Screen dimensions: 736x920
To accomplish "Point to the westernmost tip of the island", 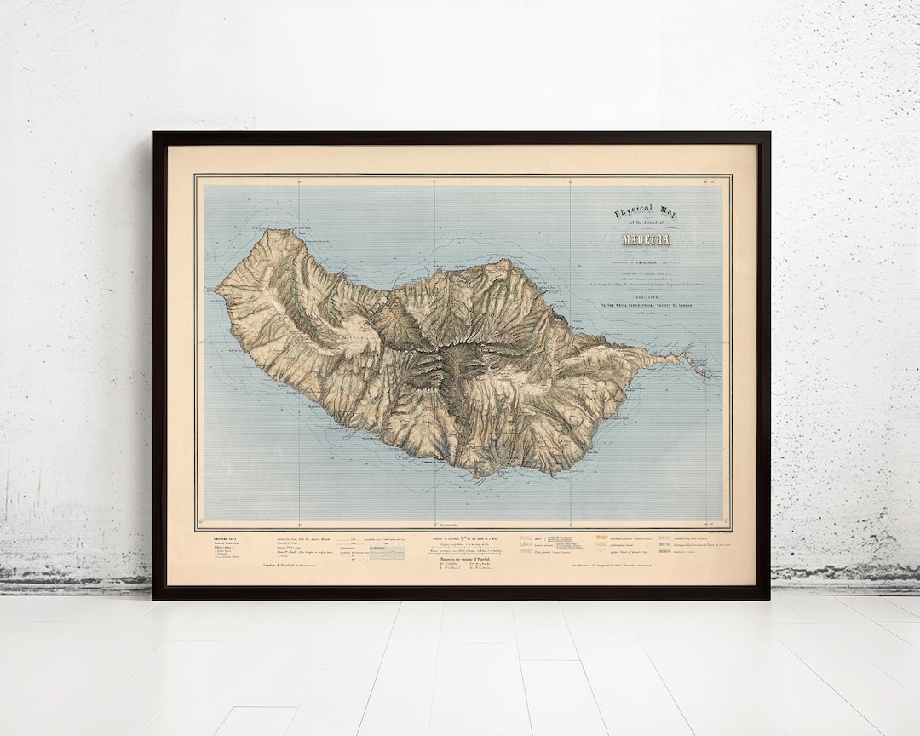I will [x=216, y=290].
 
